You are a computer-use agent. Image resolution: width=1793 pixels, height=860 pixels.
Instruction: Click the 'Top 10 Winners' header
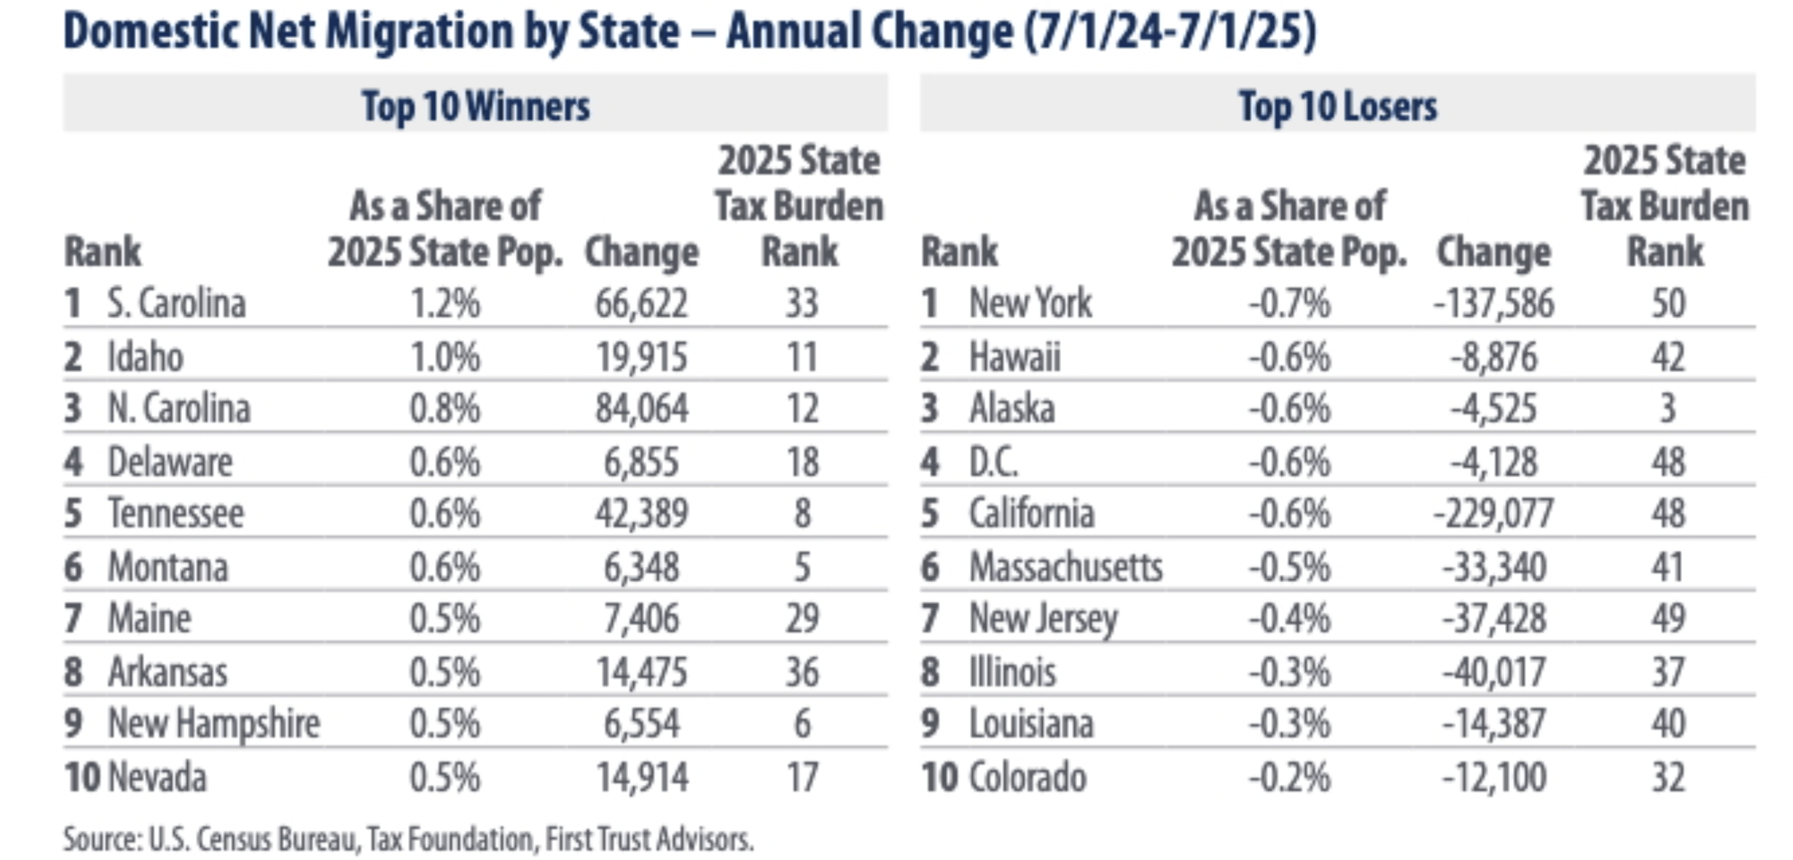pyautogui.click(x=476, y=106)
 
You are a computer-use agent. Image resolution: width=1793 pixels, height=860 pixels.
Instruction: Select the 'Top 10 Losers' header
pyautogui.click(x=1337, y=106)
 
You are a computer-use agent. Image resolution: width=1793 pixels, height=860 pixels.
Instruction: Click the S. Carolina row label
pyautogui.click(x=175, y=304)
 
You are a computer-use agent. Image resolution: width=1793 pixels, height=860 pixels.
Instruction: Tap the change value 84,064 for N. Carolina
pyautogui.click(x=641, y=409)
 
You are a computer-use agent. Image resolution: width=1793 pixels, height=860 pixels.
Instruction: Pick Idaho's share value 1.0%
pyautogui.click(x=445, y=357)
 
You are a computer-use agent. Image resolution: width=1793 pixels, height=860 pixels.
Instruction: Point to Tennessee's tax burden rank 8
pyautogui.click(x=802, y=514)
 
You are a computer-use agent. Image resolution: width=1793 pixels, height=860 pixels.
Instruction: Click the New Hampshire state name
pyautogui.click(x=214, y=723)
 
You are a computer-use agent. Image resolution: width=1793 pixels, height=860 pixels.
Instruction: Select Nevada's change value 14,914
pyautogui.click(x=642, y=777)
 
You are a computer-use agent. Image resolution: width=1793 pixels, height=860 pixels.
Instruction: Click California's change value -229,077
pyautogui.click(x=1493, y=514)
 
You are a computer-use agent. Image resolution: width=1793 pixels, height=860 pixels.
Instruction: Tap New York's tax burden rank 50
pyautogui.click(x=1668, y=304)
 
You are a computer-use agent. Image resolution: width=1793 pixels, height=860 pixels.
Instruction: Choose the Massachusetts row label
pyautogui.click(x=1066, y=567)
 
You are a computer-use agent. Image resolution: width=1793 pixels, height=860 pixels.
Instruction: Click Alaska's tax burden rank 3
pyautogui.click(x=1668, y=409)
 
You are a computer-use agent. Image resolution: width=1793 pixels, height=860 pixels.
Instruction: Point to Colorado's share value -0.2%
pyautogui.click(x=1289, y=777)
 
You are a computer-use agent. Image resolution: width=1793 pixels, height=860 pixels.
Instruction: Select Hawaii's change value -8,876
pyautogui.click(x=1493, y=357)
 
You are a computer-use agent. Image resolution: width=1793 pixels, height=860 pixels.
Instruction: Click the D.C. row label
pyautogui.click(x=993, y=462)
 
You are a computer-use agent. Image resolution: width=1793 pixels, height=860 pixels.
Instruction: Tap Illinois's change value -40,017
pyautogui.click(x=1493, y=672)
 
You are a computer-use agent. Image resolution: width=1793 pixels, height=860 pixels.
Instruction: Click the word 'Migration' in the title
pyautogui.click(x=419, y=32)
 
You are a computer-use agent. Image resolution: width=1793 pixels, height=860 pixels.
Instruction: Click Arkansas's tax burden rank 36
pyautogui.click(x=802, y=672)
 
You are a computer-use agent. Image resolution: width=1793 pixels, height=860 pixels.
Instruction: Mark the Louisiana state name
pyautogui.click(x=1031, y=723)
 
